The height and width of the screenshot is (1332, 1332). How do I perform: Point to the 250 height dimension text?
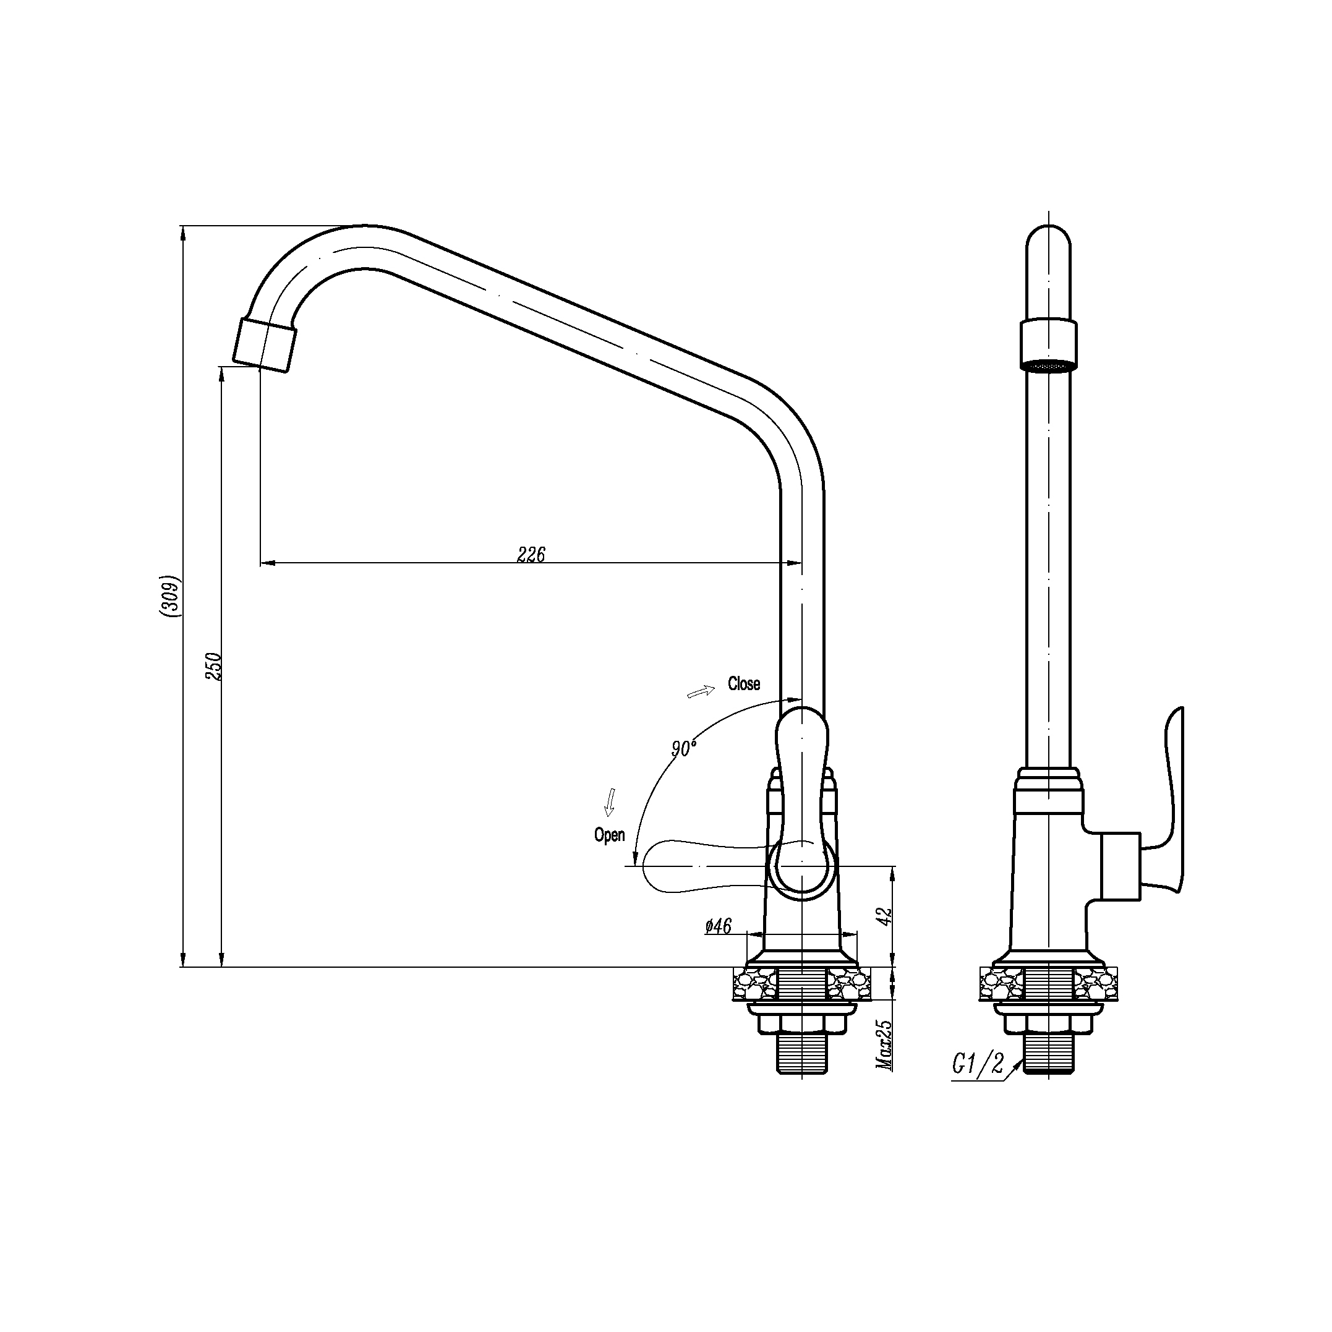pyautogui.click(x=214, y=667)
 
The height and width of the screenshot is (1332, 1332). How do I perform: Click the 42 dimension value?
pyautogui.click(x=887, y=916)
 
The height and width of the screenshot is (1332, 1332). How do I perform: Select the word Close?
pyautogui.click(x=744, y=684)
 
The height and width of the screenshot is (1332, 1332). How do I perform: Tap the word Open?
pyautogui.click(x=610, y=835)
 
